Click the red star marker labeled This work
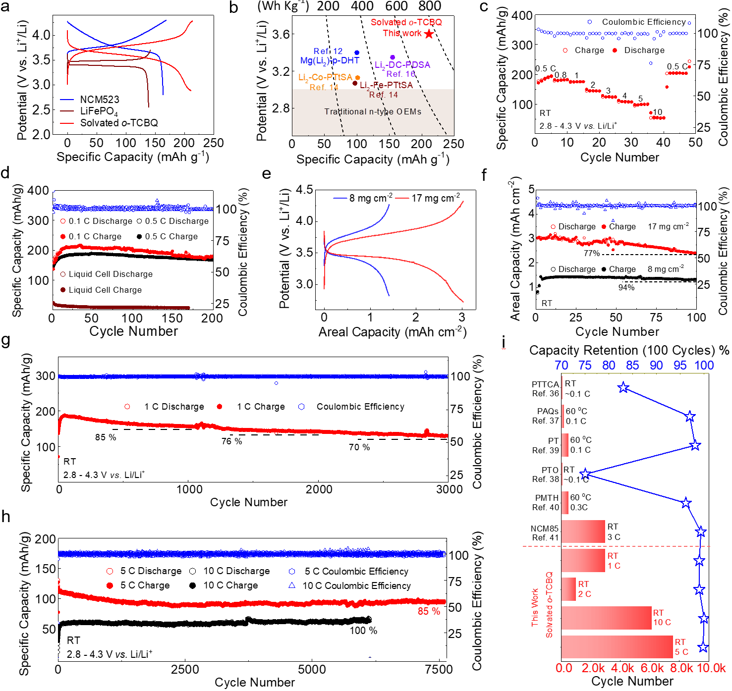point(429,34)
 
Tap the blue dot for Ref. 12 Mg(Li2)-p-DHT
point(357,53)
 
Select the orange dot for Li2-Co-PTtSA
point(357,78)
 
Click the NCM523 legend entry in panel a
point(99,100)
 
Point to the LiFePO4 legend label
point(99,111)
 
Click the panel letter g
point(6,341)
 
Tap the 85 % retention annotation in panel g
point(106,437)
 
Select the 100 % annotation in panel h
point(363,631)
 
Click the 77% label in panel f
point(592,253)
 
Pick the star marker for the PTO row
point(585,474)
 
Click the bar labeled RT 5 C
point(617,647)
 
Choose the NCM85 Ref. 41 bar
point(583,532)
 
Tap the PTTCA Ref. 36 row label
point(545,389)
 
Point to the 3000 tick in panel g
point(449,489)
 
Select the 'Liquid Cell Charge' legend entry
point(105,290)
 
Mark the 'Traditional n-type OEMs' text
point(373,111)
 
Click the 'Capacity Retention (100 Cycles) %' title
point(629,350)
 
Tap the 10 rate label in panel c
point(657,112)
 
